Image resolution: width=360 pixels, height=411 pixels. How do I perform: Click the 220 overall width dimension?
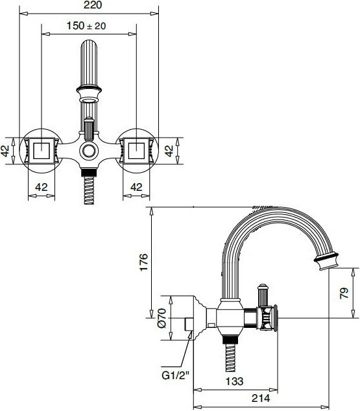pyautogui.click(x=93, y=5)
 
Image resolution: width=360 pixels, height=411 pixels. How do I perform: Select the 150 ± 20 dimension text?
pyautogui.click(x=86, y=26)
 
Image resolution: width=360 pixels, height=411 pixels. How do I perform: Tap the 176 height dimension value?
pyautogui.click(x=144, y=262)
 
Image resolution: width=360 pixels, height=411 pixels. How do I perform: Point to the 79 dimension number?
pyautogui.click(x=344, y=293)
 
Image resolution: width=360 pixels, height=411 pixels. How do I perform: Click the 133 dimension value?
pyautogui.click(x=234, y=381)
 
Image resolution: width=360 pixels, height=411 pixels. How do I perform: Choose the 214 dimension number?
pyautogui.click(x=261, y=398)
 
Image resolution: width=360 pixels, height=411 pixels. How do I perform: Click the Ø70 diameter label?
pyautogui.click(x=162, y=318)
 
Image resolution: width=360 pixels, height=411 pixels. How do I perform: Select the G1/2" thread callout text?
pyautogui.click(x=175, y=376)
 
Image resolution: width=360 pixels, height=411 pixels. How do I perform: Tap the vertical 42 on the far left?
pyautogui.click(x=5, y=151)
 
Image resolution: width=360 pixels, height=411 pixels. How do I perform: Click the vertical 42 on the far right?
pyautogui.click(x=169, y=151)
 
